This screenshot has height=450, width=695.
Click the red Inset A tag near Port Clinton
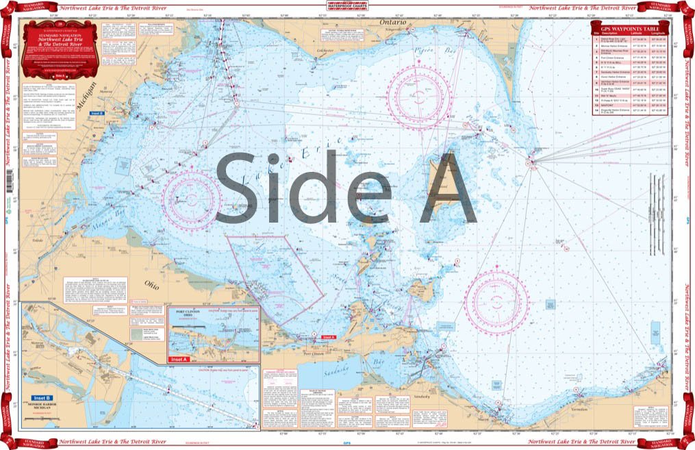point(329,337)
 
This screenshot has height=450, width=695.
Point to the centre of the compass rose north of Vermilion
point(496,301)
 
